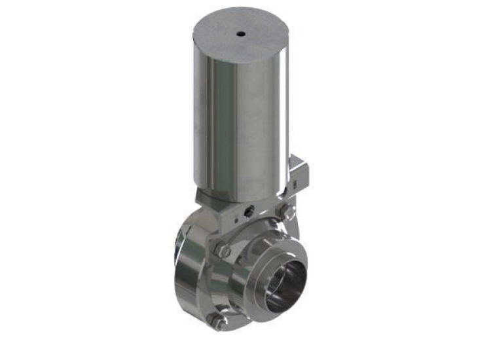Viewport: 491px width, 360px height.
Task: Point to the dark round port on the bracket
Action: pyautogui.click(x=248, y=212)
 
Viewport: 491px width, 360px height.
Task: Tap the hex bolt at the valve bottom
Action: pyautogui.click(x=217, y=320)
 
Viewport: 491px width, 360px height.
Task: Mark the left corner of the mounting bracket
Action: pyautogui.click(x=200, y=196)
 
